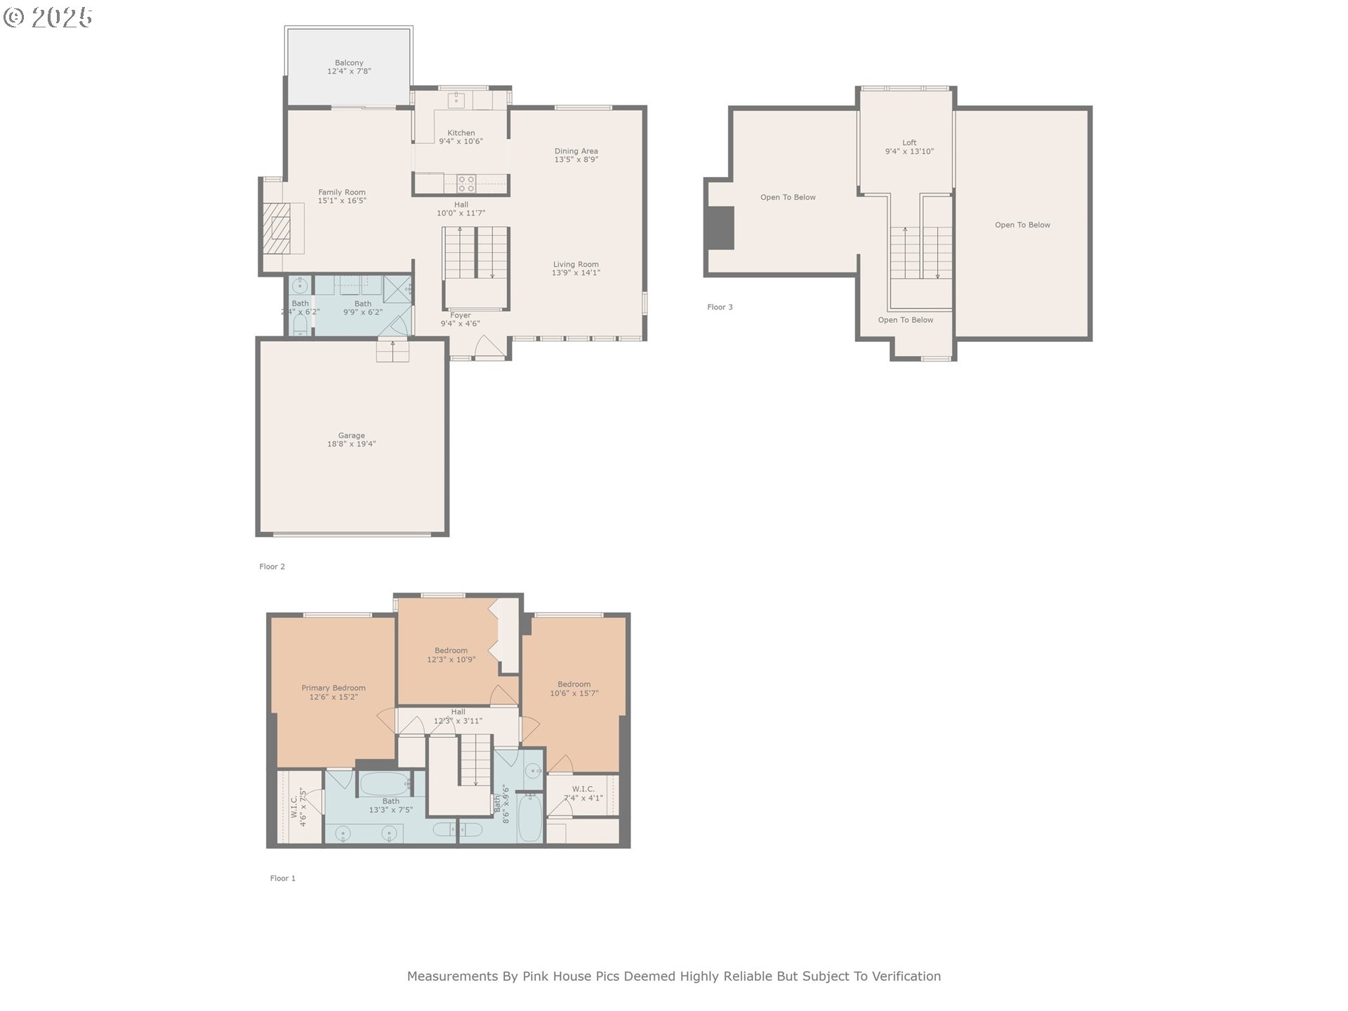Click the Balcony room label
[x=349, y=63]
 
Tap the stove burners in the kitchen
[x=466, y=184]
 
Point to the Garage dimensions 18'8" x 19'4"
[x=351, y=444]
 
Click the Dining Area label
[x=576, y=151]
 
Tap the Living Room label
[x=576, y=265]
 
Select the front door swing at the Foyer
[x=489, y=347]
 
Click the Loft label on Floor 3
[x=909, y=143]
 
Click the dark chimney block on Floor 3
[x=720, y=227]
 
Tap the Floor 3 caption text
[x=720, y=307]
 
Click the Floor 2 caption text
[x=272, y=567]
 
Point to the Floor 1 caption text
[x=282, y=878]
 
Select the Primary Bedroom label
[x=333, y=688]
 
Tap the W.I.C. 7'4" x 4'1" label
[x=583, y=789]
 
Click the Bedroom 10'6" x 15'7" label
[x=574, y=685]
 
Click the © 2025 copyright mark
[x=48, y=18]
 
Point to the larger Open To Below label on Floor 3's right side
[x=1022, y=225]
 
